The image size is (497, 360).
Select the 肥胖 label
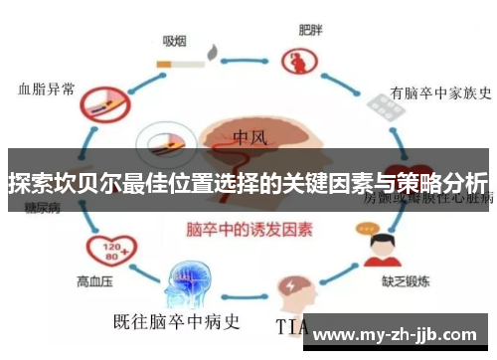click(x=310, y=29)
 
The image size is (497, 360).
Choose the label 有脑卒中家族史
click(x=441, y=94)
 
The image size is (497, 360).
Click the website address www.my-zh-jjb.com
click(x=402, y=333)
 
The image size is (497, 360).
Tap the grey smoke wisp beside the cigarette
click(x=213, y=52)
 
